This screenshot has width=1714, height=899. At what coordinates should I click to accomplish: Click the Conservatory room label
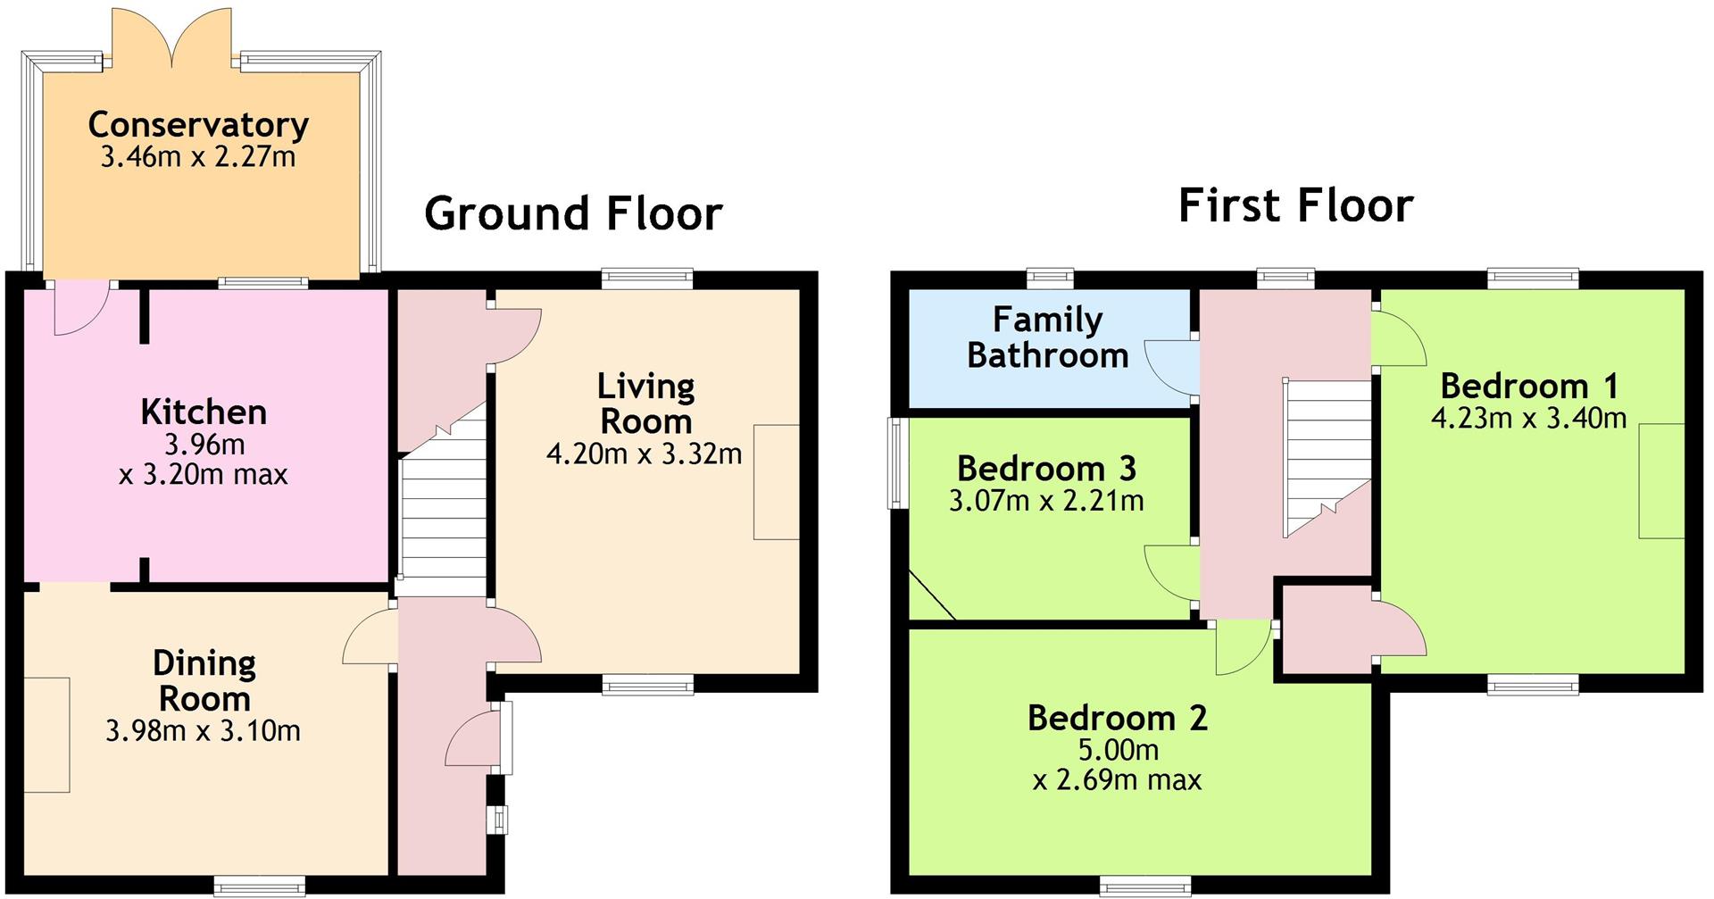tap(198, 125)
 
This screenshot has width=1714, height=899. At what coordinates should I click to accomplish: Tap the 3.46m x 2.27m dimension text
tap(198, 157)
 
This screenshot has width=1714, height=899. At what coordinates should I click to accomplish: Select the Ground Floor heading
tap(573, 213)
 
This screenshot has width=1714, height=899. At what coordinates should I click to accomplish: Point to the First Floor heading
tap(1295, 205)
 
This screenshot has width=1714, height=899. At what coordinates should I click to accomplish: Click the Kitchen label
tap(204, 412)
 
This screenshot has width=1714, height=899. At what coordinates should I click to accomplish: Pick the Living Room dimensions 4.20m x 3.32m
tap(644, 454)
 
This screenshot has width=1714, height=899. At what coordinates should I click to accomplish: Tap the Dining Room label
tap(204, 680)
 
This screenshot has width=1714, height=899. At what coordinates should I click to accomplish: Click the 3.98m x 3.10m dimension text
tap(204, 731)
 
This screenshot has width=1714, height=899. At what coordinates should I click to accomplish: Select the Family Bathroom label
tap(1047, 337)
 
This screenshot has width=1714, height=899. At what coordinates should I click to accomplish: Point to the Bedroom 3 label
tap(1046, 468)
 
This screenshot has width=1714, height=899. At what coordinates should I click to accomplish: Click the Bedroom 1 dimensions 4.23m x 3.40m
tap(1528, 418)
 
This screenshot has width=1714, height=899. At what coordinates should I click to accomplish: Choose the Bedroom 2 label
tap(1118, 718)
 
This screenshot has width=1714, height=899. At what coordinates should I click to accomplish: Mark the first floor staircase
tap(1327, 458)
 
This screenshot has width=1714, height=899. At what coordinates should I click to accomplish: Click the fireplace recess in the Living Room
tap(776, 482)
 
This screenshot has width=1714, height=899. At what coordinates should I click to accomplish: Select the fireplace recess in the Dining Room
tap(46, 735)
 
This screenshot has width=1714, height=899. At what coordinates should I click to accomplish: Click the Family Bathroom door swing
tap(1170, 367)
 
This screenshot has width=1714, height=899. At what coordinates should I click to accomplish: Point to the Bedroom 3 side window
tap(897, 463)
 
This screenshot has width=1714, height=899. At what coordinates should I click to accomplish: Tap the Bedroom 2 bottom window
tap(1145, 886)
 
